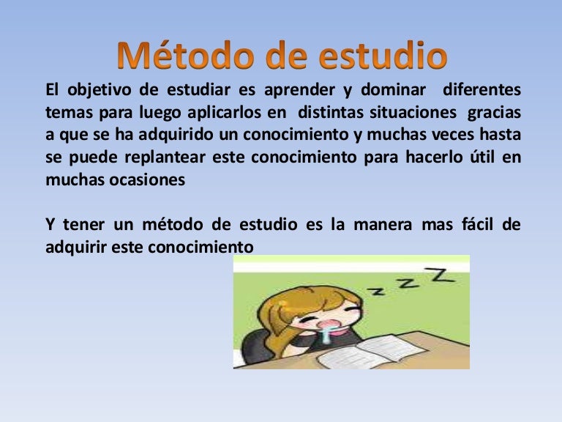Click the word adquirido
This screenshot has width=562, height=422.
[168, 136]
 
